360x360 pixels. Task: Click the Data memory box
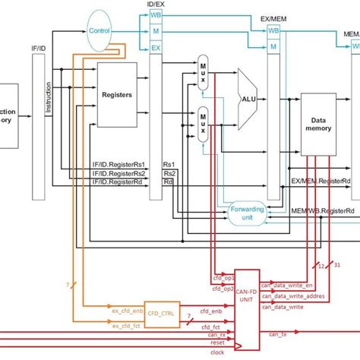319,126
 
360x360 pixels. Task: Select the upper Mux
203,73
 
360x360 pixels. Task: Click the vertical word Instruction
49,99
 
